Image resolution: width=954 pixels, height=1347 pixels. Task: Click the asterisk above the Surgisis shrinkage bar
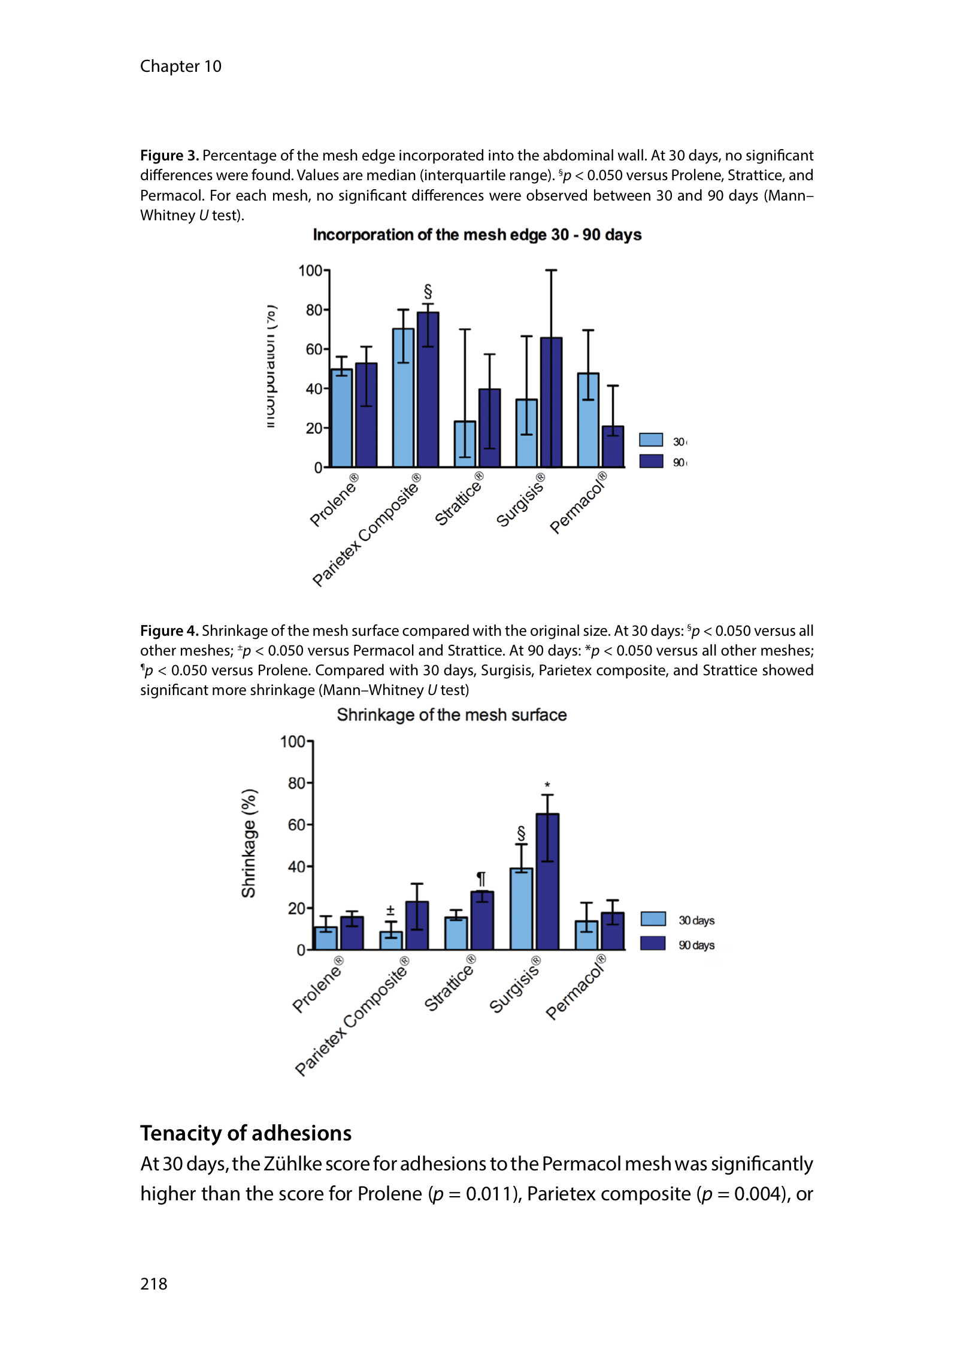coord(547,785)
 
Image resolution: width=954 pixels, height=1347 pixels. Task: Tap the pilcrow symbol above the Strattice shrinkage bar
coord(481,879)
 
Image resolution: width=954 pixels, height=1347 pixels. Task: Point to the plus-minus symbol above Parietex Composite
coord(390,911)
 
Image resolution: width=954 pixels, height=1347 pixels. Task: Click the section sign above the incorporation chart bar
coord(428,292)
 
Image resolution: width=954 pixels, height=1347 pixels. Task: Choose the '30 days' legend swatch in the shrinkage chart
coord(653,919)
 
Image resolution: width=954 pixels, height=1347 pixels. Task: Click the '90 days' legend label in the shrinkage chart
coord(696,945)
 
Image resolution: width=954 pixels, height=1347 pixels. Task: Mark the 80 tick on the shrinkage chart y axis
coord(296,783)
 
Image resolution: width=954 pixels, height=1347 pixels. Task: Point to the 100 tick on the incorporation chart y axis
coord(310,271)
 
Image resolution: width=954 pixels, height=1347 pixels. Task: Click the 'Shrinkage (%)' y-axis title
coord(249,843)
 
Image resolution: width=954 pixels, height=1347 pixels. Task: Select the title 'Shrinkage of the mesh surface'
coord(452,715)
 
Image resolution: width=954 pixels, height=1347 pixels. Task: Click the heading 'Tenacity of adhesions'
coord(246,1133)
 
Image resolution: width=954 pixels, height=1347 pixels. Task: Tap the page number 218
coord(154,1284)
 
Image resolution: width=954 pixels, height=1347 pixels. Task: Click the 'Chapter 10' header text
coord(180,66)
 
